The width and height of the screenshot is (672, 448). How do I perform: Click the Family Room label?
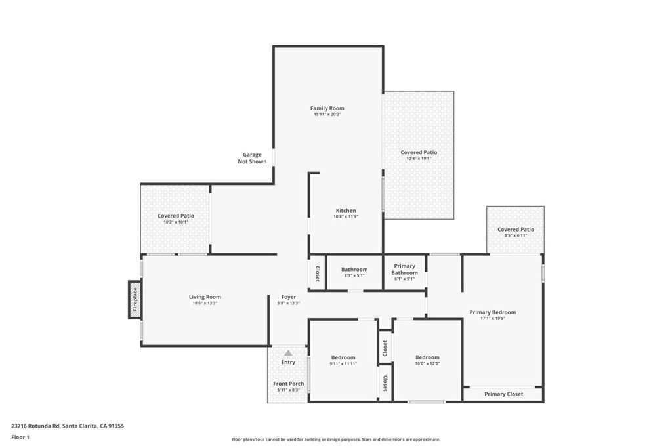(x=327, y=108)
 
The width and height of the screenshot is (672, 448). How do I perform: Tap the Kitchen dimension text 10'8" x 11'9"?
(x=346, y=216)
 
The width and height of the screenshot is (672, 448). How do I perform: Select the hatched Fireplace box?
(x=135, y=300)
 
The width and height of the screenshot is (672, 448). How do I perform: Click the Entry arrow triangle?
(x=289, y=353)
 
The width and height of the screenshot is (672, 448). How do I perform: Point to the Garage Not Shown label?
(x=252, y=158)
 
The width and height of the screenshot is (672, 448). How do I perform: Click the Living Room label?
(x=205, y=297)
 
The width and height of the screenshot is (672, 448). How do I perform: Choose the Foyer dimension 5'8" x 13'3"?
(x=289, y=303)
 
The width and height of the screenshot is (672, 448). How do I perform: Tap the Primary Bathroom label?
(x=404, y=270)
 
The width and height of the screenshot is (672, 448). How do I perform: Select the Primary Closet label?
(x=503, y=394)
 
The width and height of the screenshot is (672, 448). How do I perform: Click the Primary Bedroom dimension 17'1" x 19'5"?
(x=493, y=318)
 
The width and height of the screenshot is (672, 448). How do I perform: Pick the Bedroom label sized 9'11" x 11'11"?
(x=343, y=357)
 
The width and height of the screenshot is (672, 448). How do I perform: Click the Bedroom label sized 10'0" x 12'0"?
(x=427, y=357)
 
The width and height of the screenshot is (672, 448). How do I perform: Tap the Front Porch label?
(x=289, y=384)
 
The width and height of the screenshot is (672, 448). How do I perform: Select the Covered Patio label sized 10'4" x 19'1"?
(x=419, y=152)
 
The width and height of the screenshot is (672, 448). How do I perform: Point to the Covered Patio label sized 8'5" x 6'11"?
(x=516, y=230)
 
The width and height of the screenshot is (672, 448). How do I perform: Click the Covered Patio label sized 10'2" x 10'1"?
(x=176, y=216)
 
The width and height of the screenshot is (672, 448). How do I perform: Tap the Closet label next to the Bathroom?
(x=318, y=274)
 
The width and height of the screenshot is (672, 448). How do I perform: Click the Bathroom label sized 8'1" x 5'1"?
(x=354, y=270)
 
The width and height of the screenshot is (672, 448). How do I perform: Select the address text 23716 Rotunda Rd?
(x=35, y=426)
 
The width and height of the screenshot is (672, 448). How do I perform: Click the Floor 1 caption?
(x=20, y=438)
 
